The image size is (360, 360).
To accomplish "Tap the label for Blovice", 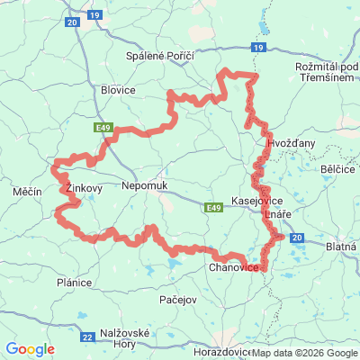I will point(118,91).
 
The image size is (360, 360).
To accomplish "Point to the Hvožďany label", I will point(291,143).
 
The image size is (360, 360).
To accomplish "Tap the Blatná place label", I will point(341,244).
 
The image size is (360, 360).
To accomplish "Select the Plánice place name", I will point(74,283).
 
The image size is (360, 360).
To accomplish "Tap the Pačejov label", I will point(176,298).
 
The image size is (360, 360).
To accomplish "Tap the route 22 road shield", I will point(87,337).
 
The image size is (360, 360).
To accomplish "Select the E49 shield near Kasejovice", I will point(213,208).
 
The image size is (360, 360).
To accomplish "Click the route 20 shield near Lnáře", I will point(298,237).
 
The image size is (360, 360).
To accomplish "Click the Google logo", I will point(30,348).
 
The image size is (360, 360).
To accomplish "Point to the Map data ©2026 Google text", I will point(304,352).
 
